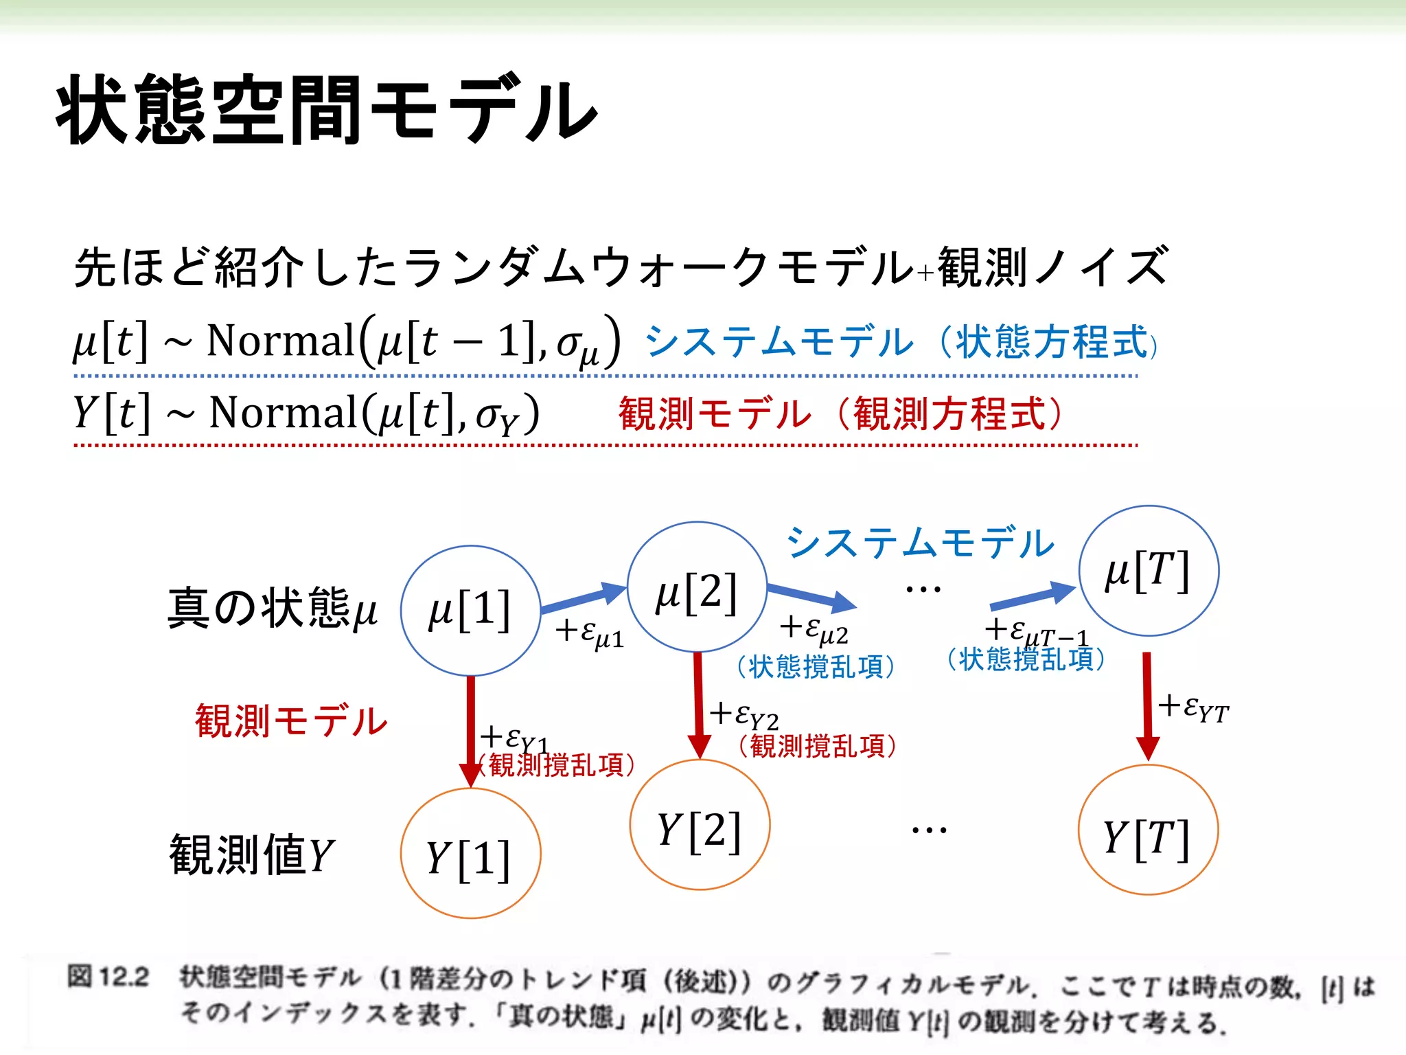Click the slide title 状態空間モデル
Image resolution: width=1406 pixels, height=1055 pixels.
(327, 110)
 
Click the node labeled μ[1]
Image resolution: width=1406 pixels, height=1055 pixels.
(470, 611)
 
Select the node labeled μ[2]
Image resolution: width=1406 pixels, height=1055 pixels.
(697, 588)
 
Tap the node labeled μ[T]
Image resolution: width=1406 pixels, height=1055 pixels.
(1149, 571)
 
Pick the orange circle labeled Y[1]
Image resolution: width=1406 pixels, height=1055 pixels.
(470, 854)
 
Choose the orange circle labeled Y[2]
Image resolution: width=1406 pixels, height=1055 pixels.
(700, 825)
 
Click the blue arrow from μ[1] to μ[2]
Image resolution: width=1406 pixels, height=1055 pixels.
(584, 598)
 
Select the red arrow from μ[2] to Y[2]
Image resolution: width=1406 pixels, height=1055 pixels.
(698, 704)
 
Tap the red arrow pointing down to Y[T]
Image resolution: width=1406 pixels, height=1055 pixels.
(1147, 704)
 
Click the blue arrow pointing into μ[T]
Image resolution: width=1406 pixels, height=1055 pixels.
(1032, 598)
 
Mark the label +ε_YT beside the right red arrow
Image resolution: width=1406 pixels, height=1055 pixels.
(1194, 707)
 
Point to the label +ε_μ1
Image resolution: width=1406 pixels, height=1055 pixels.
(589, 633)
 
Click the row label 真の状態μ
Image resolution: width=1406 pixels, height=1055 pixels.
(272, 608)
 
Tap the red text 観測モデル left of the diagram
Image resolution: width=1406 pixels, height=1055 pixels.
(291, 721)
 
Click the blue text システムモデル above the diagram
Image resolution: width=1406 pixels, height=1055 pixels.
(920, 543)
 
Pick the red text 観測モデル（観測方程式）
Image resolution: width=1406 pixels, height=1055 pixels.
(840, 414)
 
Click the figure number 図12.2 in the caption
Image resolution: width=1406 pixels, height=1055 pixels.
(108, 977)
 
